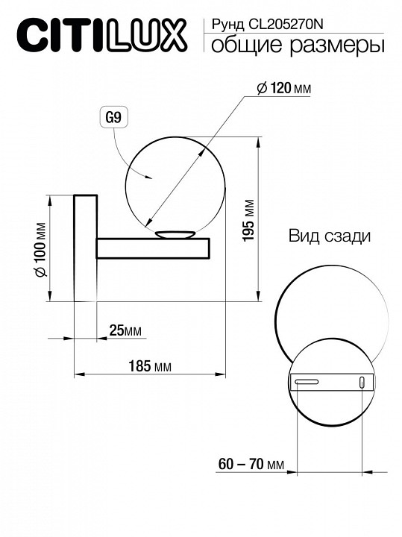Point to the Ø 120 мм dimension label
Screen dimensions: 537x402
283,89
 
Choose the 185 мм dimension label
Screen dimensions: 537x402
150,366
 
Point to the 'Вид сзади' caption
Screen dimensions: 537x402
329,237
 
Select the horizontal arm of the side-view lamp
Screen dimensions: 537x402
152,248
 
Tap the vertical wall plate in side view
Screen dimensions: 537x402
84,248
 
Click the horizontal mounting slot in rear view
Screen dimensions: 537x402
307,383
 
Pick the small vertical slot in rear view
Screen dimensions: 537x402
362,383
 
